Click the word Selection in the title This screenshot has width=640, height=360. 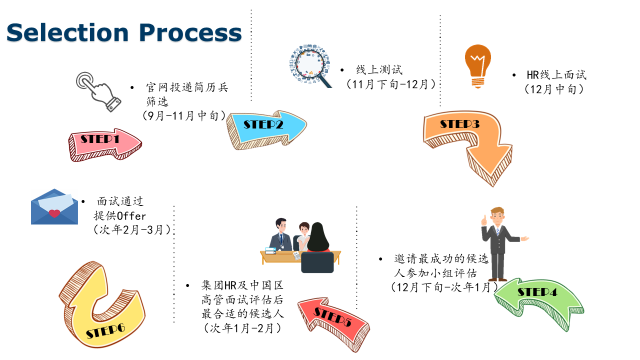coord(68,33)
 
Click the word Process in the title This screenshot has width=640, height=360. coord(191,33)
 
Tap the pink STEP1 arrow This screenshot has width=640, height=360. coord(104,144)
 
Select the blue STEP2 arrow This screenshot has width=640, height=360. coord(266,129)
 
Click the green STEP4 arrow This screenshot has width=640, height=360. coord(539,302)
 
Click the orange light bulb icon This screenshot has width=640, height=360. coord(478,66)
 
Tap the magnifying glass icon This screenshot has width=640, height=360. coord(310,65)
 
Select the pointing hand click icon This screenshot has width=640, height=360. coord(98,91)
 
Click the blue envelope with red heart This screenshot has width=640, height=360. coord(54,207)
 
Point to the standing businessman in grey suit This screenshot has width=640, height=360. coord(500,244)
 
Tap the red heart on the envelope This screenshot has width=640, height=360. coord(54,213)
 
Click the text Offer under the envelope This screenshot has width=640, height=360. coord(131,216)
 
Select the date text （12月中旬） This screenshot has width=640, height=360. coord(554,89)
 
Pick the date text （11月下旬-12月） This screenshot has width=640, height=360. coord(390,84)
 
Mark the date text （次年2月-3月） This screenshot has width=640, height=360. coord(132,230)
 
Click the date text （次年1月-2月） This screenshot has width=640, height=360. coord(242,328)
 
